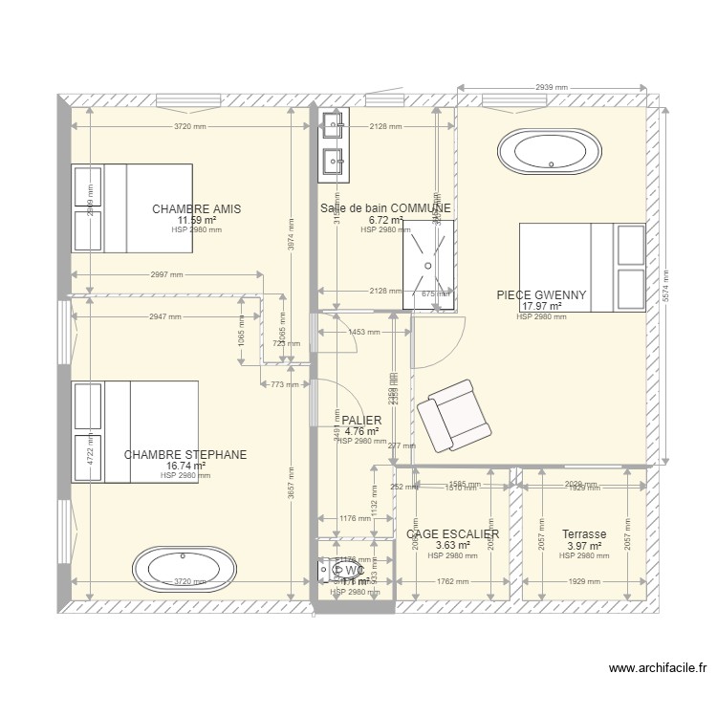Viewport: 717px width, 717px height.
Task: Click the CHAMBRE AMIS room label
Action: pos(196,208)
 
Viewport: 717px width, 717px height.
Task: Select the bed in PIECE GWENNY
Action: pos(581,267)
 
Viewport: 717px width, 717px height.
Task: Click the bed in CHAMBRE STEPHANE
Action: pos(135,432)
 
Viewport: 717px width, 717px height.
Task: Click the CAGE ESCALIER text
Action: pos(452,534)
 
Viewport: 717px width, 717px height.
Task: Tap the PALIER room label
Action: pos(361,421)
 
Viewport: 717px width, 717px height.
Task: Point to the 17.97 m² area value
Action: pos(541,307)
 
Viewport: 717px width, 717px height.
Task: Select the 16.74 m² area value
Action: pos(185,467)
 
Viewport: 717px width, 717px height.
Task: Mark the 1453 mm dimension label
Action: pos(364,333)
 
